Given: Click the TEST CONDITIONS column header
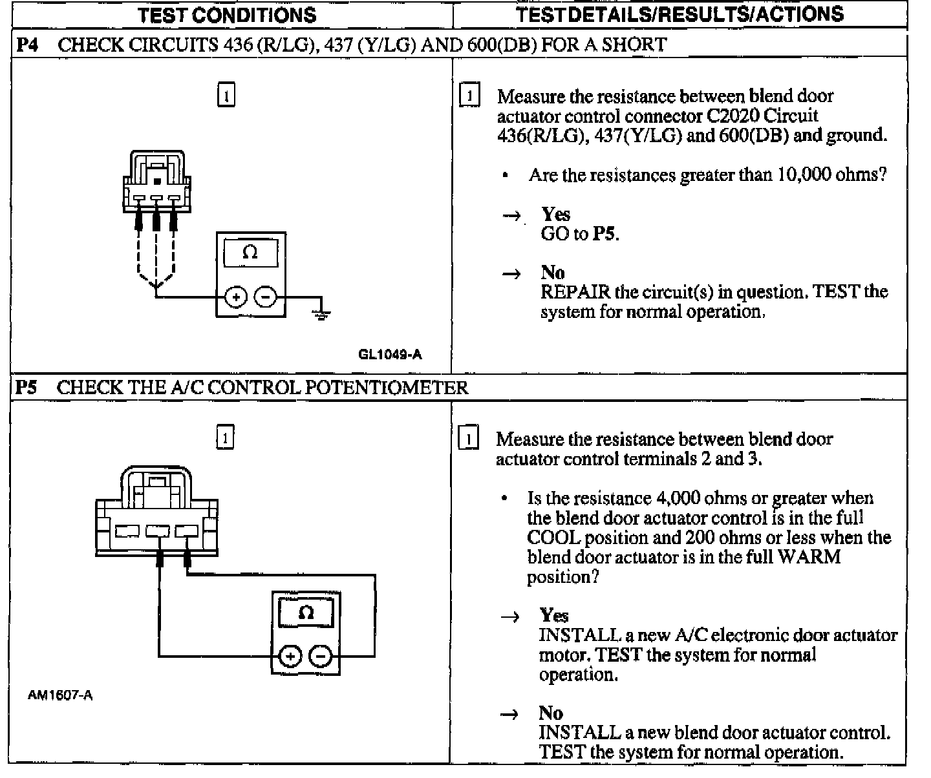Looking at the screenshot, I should tap(227, 15).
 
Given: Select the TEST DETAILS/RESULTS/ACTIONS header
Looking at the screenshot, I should tap(680, 14).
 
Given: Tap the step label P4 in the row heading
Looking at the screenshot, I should tap(27, 45).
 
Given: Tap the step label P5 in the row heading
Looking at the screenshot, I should tap(27, 388).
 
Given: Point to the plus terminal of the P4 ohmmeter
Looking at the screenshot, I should tap(236, 297).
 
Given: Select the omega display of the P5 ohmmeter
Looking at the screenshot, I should tap(306, 612).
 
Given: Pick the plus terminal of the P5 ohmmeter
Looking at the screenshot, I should tap(290, 657).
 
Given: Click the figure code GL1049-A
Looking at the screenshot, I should tap(390, 354).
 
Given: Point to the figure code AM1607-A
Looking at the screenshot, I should tap(60, 696).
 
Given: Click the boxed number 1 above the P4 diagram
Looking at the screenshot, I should tap(226, 95).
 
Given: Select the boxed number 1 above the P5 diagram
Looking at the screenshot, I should tap(224, 437).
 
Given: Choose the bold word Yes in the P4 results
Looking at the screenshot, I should tap(556, 215).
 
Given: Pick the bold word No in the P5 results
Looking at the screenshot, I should tap(551, 713).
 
